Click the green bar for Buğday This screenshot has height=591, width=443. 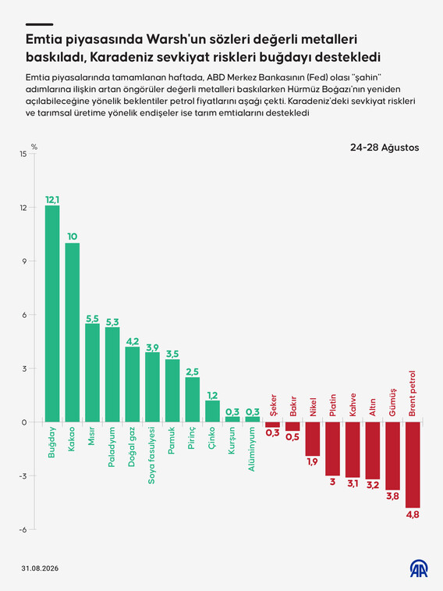coord(52,314)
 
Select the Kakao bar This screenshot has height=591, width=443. coord(73,333)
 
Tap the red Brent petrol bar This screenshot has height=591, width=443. coord(413,465)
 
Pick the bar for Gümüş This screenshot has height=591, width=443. coord(392,456)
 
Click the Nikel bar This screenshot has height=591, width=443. coord(313,439)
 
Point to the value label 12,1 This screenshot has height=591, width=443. coord(52,200)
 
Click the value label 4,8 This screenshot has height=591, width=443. coord(413,514)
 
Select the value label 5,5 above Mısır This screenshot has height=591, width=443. coord(92,319)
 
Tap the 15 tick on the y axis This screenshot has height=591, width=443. coord(23,154)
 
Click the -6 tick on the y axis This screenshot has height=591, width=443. coord(23,529)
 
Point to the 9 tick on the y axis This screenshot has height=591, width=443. coord(24,262)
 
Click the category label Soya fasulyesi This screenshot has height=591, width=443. coord(151,455)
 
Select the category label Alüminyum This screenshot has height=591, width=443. coord(251,449)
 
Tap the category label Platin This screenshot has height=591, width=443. coord(332,405)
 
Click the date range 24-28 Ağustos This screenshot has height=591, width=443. coord(385,148)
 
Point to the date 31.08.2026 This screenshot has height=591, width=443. coord(40,568)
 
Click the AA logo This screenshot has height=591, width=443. coord(419,568)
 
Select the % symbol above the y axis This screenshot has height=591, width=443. coord(34,147)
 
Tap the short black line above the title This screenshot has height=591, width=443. coord(39,24)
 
